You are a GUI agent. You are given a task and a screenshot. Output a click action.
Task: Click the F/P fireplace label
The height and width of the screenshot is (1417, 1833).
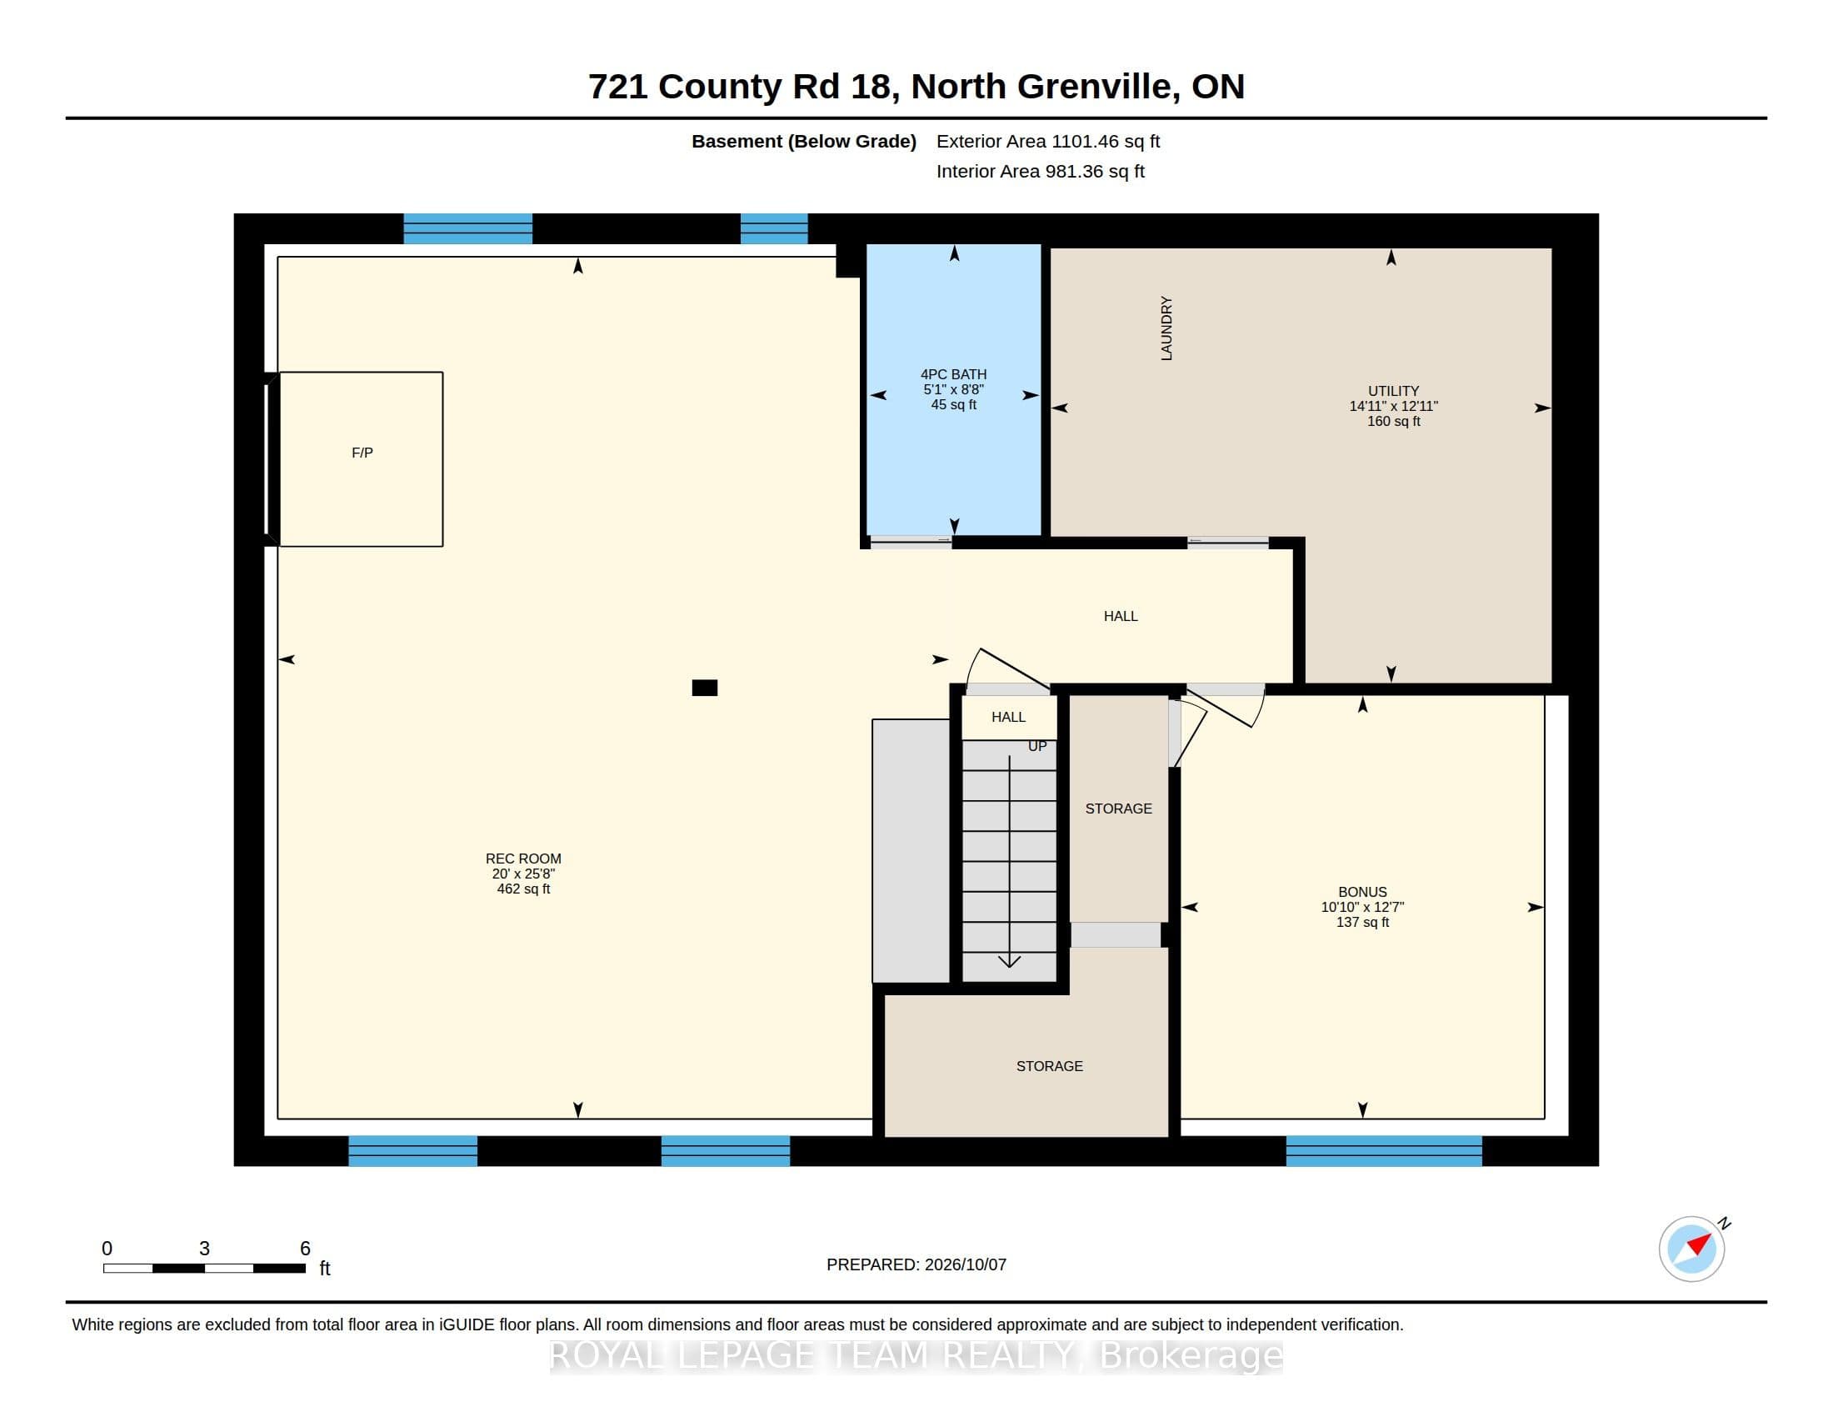click(x=362, y=453)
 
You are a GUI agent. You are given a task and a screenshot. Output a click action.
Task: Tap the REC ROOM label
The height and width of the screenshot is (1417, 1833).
click(x=523, y=859)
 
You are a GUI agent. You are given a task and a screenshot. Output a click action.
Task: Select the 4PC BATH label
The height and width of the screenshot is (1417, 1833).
click(x=953, y=374)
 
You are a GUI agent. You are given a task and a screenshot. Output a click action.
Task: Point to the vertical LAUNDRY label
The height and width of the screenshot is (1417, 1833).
click(x=1166, y=328)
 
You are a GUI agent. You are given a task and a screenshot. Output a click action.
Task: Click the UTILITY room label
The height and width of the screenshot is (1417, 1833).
click(x=1393, y=391)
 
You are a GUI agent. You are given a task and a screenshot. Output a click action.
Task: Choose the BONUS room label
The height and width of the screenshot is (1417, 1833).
click(x=1362, y=893)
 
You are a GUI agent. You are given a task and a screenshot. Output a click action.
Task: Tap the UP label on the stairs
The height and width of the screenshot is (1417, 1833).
click(x=1037, y=746)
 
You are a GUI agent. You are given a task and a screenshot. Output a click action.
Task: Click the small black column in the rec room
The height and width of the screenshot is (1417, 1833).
click(x=704, y=688)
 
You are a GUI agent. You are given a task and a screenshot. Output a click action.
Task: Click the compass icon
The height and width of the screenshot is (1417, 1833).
click(x=1692, y=1249)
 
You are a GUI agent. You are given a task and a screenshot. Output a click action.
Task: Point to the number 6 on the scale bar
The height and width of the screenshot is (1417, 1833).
click(x=306, y=1249)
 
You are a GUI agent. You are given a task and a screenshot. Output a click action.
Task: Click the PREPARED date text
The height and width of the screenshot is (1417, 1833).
click(x=916, y=1264)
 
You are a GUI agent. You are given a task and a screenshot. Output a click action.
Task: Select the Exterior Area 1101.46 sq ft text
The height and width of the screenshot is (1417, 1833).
click(x=1048, y=141)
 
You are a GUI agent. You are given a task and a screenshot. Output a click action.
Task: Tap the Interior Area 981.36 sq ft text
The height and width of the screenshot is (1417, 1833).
click(x=1041, y=171)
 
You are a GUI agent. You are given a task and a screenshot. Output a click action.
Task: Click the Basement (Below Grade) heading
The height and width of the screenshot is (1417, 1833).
click(x=804, y=141)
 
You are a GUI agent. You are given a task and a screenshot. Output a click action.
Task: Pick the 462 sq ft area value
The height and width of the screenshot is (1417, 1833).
click(x=523, y=889)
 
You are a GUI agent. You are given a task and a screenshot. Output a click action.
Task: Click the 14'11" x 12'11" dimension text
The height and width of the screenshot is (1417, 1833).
click(x=1393, y=406)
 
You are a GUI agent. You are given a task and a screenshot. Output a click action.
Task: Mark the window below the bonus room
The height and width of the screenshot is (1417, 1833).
click(x=1384, y=1151)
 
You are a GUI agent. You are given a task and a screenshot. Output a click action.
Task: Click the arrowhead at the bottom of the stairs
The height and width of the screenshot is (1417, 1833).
click(x=1009, y=961)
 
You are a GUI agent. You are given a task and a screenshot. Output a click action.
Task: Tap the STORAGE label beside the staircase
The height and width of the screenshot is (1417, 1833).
click(x=1119, y=809)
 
